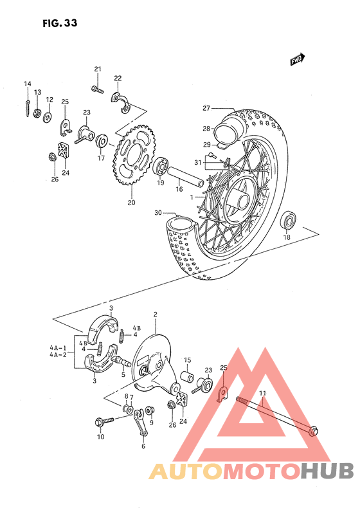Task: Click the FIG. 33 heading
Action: pos(60,24)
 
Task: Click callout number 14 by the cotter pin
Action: pos(28,84)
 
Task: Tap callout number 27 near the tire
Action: pos(206,108)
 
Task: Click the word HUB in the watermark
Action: pos(327,471)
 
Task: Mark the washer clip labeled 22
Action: pos(120,98)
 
